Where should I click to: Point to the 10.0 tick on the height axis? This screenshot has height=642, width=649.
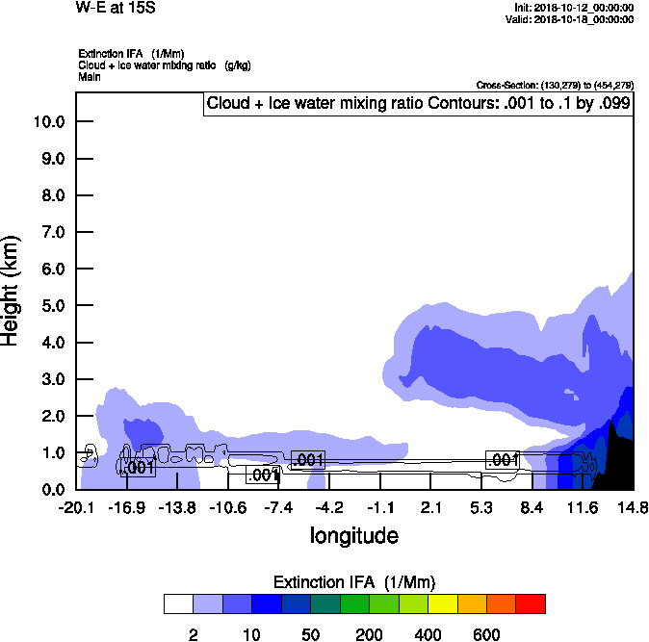click(x=48, y=121)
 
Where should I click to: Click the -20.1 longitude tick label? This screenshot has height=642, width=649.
click(x=76, y=507)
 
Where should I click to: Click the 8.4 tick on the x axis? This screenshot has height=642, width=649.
click(x=532, y=507)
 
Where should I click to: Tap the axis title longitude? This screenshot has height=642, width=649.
click(x=353, y=535)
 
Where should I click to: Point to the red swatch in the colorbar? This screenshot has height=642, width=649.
click(x=531, y=603)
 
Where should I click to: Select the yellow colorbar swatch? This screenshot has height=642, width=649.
click(x=442, y=603)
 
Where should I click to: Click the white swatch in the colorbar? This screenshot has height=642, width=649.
click(x=179, y=603)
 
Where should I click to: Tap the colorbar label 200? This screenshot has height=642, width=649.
click(x=368, y=635)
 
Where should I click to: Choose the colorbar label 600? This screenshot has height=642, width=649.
click(x=486, y=635)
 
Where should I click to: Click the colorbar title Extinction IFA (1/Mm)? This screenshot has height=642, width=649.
click(x=354, y=582)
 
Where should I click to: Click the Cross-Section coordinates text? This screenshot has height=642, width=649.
click(x=555, y=86)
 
